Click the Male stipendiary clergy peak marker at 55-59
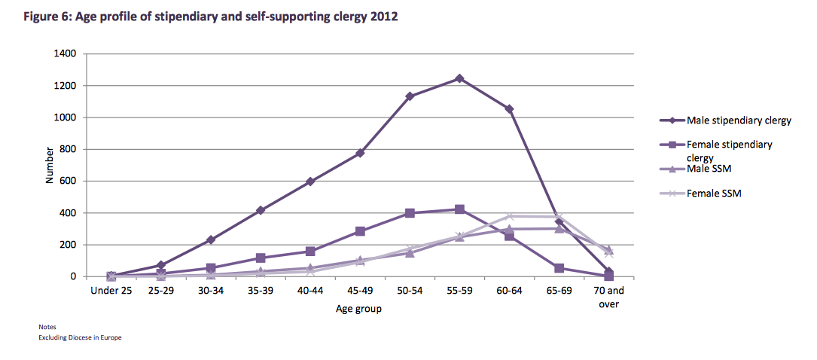pyautogui.click(x=459, y=78)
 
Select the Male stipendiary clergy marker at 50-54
pyautogui.click(x=410, y=96)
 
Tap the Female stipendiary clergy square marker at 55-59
pyautogui.click(x=459, y=209)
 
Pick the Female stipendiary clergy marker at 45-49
pyautogui.click(x=360, y=231)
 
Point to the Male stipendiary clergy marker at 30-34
pyautogui.click(x=211, y=239)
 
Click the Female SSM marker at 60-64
pyautogui.click(x=510, y=216)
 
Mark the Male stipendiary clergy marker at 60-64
pyautogui.click(x=510, y=109)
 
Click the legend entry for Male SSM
pyautogui.click(x=709, y=168)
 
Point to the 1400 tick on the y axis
pyautogui.click(x=66, y=54)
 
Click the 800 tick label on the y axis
pyautogui.click(x=69, y=149)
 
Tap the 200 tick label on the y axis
pyautogui.click(x=69, y=245)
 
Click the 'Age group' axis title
pyautogui.click(x=359, y=309)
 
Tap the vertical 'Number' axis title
pyautogui.click(x=50, y=165)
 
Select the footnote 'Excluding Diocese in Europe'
pyautogui.click(x=80, y=338)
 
